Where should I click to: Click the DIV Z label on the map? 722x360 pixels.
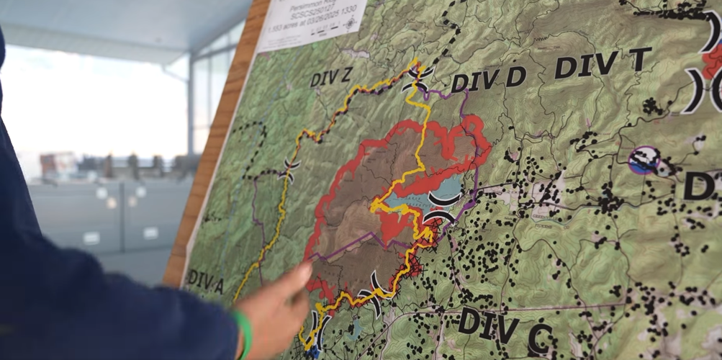[331, 75]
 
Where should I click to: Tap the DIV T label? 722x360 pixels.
[602, 63]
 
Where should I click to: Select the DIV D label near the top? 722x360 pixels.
[489, 78]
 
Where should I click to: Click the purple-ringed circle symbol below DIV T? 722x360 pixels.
[644, 160]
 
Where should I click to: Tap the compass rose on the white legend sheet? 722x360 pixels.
[350, 22]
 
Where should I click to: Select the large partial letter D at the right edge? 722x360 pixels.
[702, 185]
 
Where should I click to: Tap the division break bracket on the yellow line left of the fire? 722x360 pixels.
[292, 171]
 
